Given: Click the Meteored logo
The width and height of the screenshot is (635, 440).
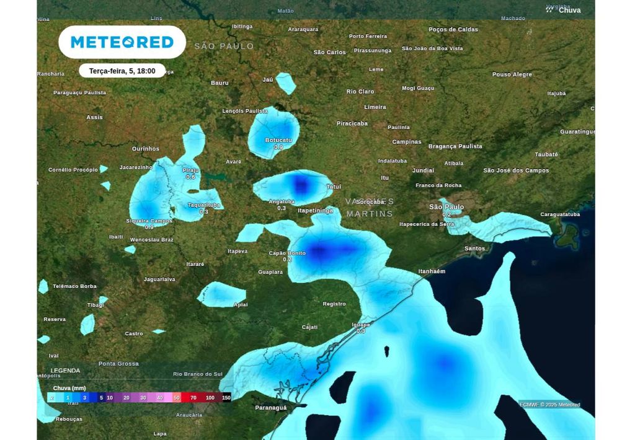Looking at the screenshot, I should pos(122,42).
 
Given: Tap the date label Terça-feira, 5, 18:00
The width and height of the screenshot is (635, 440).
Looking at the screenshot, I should pos(122,71).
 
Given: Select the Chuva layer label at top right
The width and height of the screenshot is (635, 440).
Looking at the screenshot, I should pos(569,10).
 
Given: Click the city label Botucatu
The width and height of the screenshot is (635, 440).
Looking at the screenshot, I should pos(278,141).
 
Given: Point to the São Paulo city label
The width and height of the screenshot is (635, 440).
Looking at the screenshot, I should pos(446,207).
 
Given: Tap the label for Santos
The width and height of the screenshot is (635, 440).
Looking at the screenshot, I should pos(474,249).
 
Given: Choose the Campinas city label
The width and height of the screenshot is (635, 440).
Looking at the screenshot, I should pos(407,142).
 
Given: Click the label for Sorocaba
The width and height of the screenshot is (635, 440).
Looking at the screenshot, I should pos(371,202).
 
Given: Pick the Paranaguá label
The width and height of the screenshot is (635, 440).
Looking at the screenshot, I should pos(271,408).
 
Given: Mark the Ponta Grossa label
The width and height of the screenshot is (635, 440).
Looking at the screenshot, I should pos(118,364).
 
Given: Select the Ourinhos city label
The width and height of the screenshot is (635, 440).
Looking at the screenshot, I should pos(146,149).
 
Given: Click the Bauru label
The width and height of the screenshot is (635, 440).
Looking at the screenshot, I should pos(220,83).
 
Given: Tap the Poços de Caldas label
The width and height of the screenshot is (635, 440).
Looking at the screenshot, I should pos(453,30).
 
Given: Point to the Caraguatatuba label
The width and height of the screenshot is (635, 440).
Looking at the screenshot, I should pos(560,214).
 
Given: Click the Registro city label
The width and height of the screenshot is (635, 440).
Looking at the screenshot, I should pos(334,304).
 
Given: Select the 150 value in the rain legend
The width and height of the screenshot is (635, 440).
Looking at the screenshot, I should pos(226,397).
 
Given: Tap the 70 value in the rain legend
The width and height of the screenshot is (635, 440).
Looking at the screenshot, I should pos(193,397).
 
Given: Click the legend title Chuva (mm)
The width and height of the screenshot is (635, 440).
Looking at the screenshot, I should pos(69,388).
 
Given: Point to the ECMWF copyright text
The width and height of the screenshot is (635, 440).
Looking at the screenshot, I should pos(549,405).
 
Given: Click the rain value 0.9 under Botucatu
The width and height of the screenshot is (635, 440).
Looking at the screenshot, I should pos(278,147).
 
